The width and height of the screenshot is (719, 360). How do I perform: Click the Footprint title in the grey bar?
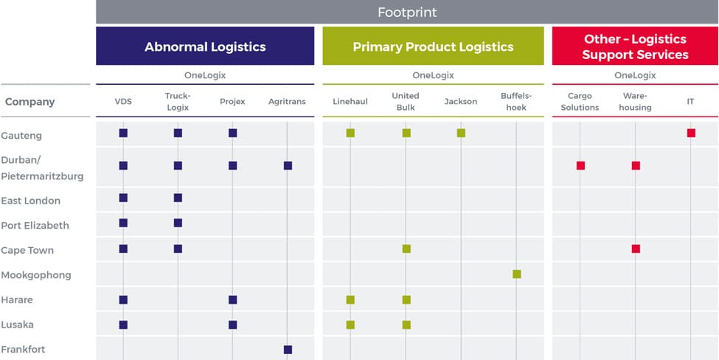407,12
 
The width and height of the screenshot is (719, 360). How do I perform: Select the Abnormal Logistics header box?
205,46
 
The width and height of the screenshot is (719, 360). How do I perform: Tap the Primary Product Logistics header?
433,46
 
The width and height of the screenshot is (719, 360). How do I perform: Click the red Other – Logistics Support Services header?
635,46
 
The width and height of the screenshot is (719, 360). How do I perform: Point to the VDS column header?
123,102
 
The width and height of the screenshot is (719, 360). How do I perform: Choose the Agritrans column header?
287,102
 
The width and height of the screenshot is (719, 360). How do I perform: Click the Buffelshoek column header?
516,102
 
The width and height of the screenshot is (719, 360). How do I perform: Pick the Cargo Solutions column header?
580,102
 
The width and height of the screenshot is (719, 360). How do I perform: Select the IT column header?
690,102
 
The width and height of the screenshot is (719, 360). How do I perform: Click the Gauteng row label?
21,136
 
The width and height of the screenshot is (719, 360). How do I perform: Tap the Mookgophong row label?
36,275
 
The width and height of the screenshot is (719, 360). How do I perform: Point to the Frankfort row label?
23,350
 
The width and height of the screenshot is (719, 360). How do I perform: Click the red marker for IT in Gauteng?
691,133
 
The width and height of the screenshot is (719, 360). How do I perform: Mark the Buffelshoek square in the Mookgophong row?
516,274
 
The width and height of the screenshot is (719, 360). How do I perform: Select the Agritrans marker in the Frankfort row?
288,350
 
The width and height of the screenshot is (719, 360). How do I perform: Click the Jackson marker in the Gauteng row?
461,133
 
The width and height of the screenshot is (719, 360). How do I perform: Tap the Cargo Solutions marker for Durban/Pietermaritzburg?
580,165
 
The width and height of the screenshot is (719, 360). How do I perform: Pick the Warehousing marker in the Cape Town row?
636,249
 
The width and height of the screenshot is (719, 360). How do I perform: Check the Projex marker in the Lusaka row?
232,325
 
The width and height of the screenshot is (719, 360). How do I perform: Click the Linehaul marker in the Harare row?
350,300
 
